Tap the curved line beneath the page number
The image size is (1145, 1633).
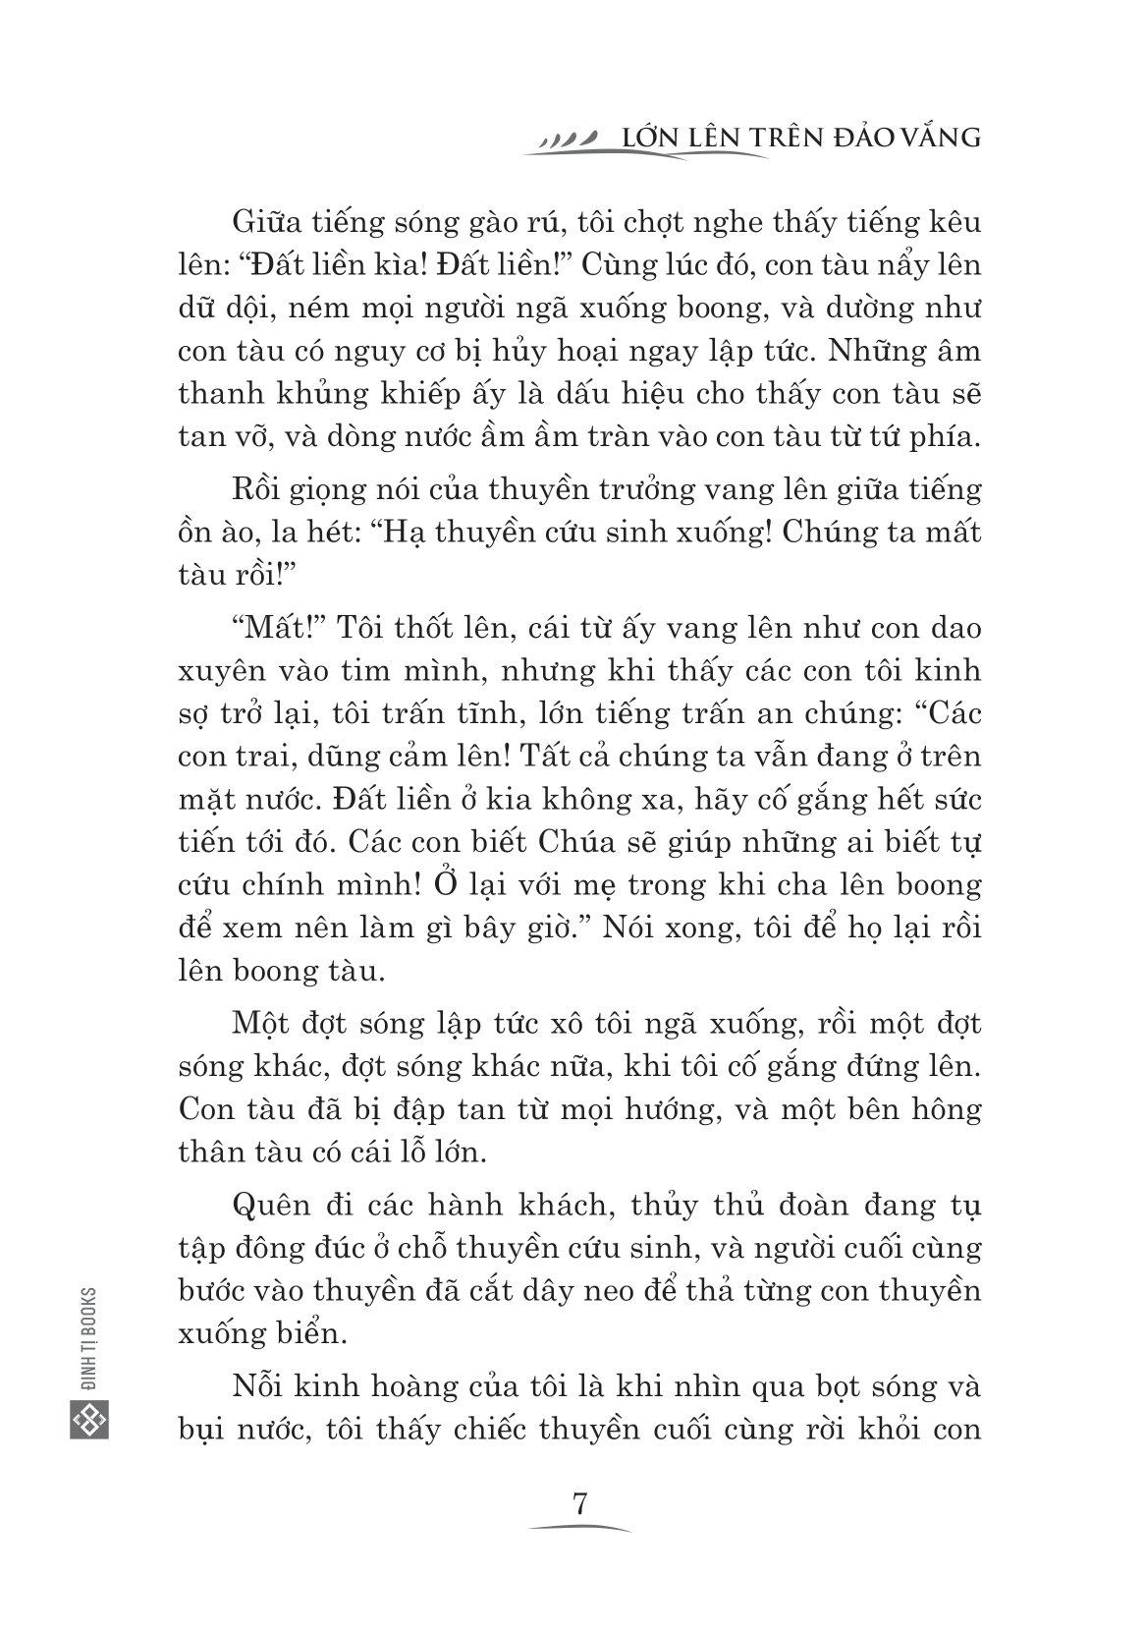(579, 1532)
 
